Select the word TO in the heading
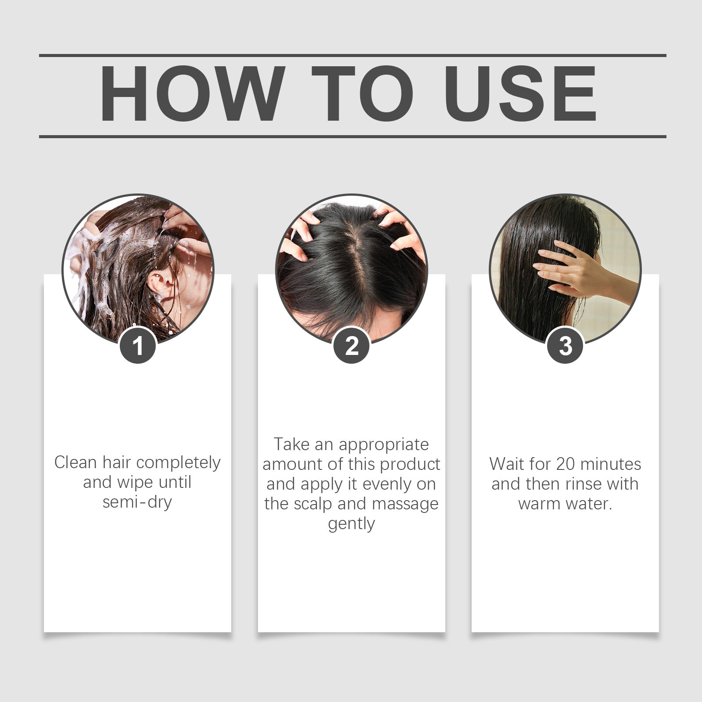pos(362,94)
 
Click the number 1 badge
pos(138,346)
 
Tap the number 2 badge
pos(351,346)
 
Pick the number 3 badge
pos(566,346)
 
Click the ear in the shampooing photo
pos(157,283)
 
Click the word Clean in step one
pos(75,462)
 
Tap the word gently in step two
pos(351,524)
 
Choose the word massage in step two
pos(405,504)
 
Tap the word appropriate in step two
pos(383,445)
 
